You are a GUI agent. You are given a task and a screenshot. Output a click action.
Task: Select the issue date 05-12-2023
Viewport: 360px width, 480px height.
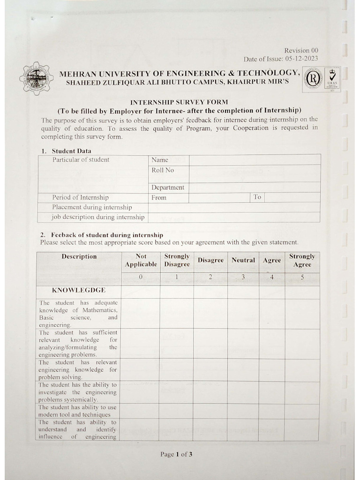click(304, 59)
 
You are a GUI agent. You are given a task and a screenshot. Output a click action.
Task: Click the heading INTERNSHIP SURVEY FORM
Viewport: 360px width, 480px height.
click(179, 103)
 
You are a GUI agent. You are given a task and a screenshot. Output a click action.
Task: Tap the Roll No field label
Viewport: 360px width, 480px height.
click(163, 170)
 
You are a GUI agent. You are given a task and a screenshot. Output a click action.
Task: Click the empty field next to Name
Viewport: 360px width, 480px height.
click(255, 160)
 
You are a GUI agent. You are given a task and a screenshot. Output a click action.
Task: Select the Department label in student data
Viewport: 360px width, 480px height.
click(168, 187)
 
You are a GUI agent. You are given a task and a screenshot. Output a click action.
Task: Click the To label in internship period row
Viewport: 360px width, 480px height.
click(257, 197)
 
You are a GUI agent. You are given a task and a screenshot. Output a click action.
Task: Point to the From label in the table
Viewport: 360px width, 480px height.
click(159, 198)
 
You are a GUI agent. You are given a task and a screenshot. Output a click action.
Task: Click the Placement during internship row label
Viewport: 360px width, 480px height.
click(92, 207)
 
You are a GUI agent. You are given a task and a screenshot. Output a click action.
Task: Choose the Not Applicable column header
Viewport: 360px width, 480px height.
click(141, 261)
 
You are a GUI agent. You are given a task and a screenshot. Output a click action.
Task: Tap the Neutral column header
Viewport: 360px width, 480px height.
click(243, 260)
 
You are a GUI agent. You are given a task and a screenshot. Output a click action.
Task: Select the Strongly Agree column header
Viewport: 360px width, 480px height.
click(302, 261)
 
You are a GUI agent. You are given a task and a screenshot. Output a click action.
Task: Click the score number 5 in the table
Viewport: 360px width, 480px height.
click(302, 277)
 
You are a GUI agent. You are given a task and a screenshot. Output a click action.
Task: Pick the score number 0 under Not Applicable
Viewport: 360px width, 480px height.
click(141, 277)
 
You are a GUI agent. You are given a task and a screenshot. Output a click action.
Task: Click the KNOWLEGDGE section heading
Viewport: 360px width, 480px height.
click(78, 290)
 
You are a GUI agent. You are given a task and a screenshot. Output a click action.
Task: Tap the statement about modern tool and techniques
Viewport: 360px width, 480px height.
click(78, 411)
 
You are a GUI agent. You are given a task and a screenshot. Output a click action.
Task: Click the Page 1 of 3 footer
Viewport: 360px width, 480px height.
click(176, 454)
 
